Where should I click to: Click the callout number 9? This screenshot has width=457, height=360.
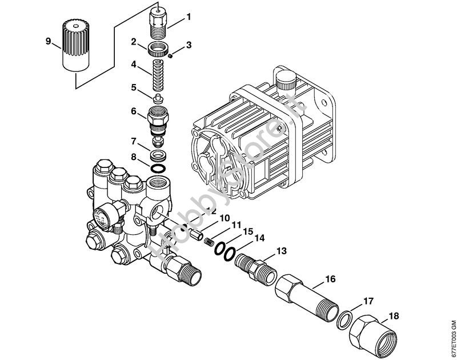(x=48, y=41)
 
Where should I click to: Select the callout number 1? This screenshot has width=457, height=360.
(x=189, y=17)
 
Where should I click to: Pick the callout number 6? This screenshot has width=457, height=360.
(x=133, y=111)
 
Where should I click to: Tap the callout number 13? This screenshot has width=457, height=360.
(x=281, y=251)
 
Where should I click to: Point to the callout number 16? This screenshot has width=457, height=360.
(x=330, y=279)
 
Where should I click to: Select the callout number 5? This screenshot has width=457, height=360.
(x=133, y=87)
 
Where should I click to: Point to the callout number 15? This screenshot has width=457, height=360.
(x=247, y=231)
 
